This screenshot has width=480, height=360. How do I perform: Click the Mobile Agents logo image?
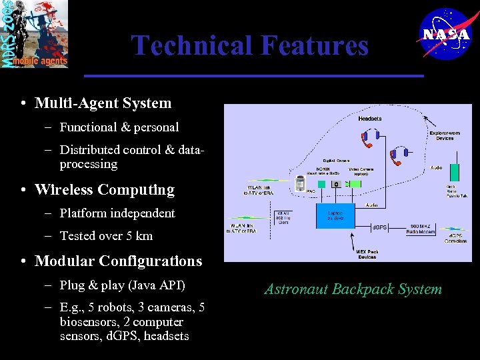click(x=35, y=34)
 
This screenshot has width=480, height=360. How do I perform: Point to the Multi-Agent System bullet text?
click(x=103, y=103)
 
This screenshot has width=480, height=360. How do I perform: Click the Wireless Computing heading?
click(x=104, y=189)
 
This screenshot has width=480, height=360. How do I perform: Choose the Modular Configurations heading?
click(x=118, y=261)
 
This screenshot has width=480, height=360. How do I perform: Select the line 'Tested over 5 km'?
click(x=106, y=235)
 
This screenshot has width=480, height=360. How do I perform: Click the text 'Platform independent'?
click(x=117, y=213)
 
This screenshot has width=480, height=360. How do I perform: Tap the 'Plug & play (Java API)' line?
click(x=122, y=285)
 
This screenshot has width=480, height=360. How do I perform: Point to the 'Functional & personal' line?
click(x=119, y=127)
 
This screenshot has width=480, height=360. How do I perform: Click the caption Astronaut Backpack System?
click(x=353, y=289)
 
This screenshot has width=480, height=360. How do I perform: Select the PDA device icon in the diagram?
click(x=300, y=183)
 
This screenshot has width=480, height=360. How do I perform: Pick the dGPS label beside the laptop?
click(x=379, y=228)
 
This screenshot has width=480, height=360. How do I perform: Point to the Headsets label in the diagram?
click(x=370, y=119)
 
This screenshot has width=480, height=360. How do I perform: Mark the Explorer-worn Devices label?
click(x=445, y=135)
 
